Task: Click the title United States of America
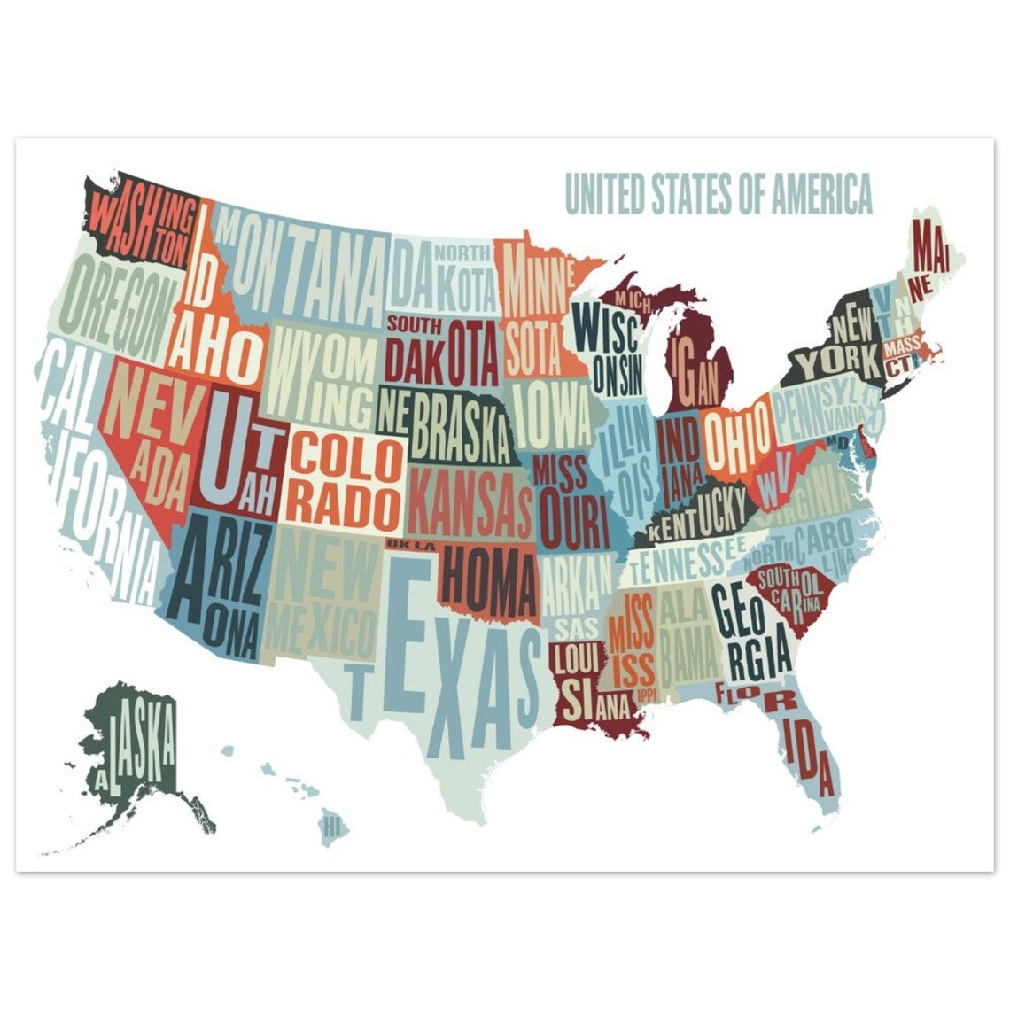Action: click(718, 194)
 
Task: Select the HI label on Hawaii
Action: click(332, 828)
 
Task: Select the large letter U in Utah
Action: click(221, 447)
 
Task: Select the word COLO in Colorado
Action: click(345, 454)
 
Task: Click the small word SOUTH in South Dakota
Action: click(414, 323)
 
